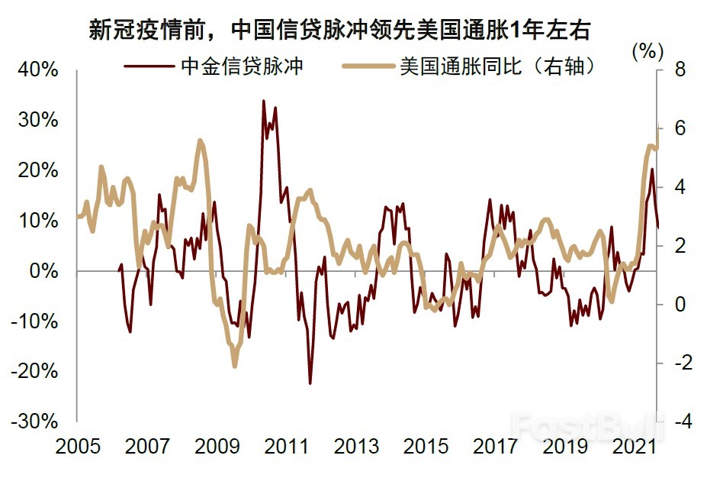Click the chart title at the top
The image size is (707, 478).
tap(340, 30)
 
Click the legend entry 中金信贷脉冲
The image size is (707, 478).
tap(242, 66)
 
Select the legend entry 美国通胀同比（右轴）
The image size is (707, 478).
tap(497, 66)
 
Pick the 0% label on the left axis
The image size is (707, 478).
tap(43, 271)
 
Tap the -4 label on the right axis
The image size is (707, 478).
tap(676, 421)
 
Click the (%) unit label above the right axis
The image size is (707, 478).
tap(648, 51)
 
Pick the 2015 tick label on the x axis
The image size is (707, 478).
tap(426, 445)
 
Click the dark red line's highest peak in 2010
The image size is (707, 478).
tap(264, 101)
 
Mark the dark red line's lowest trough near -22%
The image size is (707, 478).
tap(310, 383)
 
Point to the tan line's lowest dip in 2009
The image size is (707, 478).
tap(235, 366)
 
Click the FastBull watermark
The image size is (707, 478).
tap(586, 421)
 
